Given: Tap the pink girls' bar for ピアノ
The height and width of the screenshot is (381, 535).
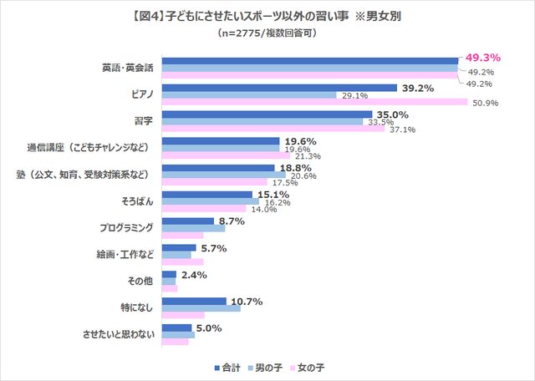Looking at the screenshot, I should point(313,103).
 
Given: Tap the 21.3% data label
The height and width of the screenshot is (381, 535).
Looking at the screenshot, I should point(307,156).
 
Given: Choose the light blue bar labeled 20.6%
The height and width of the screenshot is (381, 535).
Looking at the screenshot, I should point(223,175).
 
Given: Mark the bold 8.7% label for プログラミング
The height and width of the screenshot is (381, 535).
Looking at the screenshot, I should point(230,222).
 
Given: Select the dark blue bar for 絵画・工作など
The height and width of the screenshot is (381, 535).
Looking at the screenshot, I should point(178,248).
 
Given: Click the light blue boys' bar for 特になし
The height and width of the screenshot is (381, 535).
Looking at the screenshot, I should point(201,308).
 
